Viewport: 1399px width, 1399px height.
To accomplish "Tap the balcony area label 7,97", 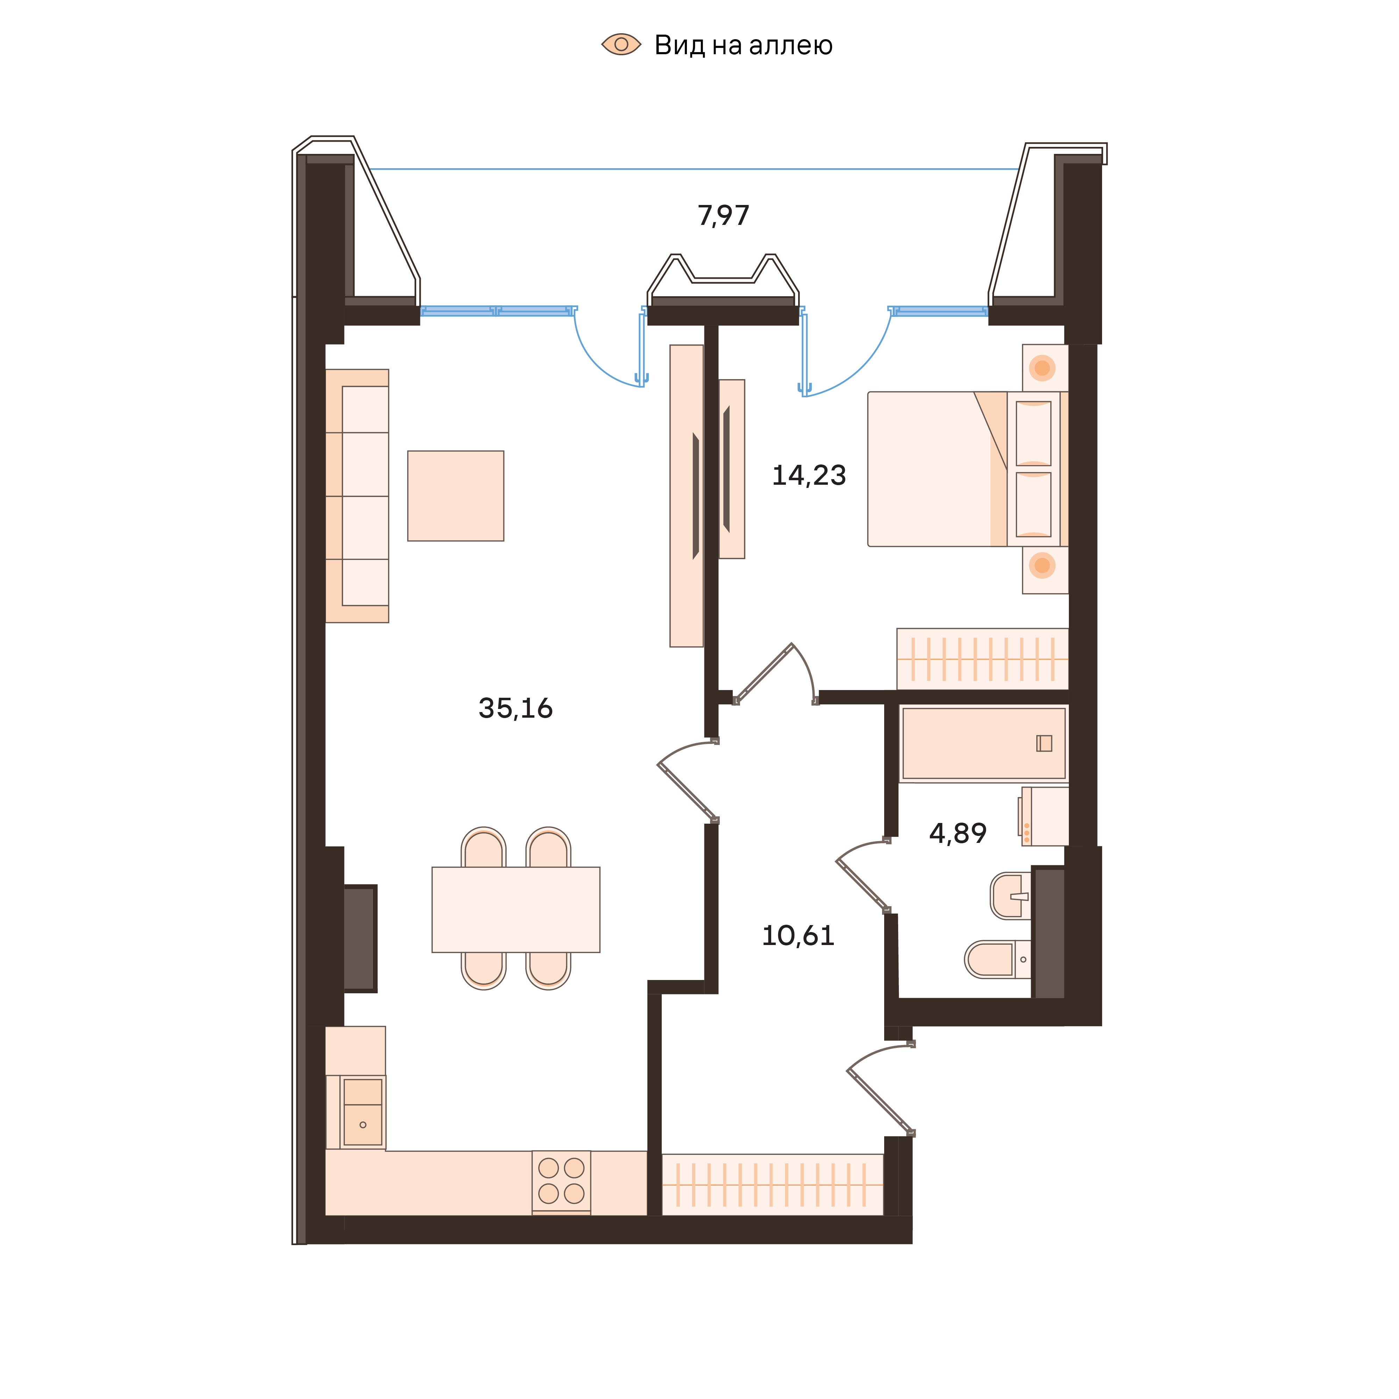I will click(x=723, y=216).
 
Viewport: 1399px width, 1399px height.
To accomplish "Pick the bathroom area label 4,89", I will click(x=957, y=833).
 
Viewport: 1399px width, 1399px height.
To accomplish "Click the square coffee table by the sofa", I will click(x=455, y=496).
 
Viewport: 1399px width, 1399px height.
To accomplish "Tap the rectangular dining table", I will click(x=516, y=909).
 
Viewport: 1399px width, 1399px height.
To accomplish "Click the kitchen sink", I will click(x=363, y=1112).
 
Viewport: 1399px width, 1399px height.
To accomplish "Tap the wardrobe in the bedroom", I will click(x=982, y=659).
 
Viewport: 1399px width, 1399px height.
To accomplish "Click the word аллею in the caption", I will click(x=791, y=45).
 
